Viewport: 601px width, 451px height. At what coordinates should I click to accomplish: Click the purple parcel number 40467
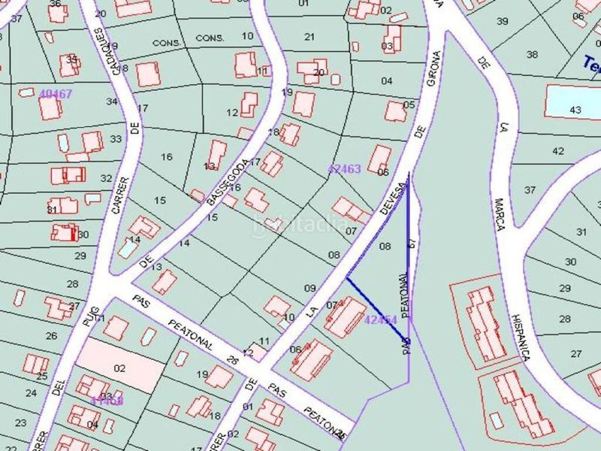pos(56,94)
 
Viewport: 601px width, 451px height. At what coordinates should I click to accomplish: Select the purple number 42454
pos(380,319)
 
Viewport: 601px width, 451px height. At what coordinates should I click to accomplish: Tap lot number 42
pos(558,151)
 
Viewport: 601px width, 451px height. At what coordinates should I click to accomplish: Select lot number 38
pos(533,54)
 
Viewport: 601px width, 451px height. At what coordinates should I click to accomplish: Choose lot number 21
pos(310,36)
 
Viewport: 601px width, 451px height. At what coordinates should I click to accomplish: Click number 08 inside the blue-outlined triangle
pos(385,247)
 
